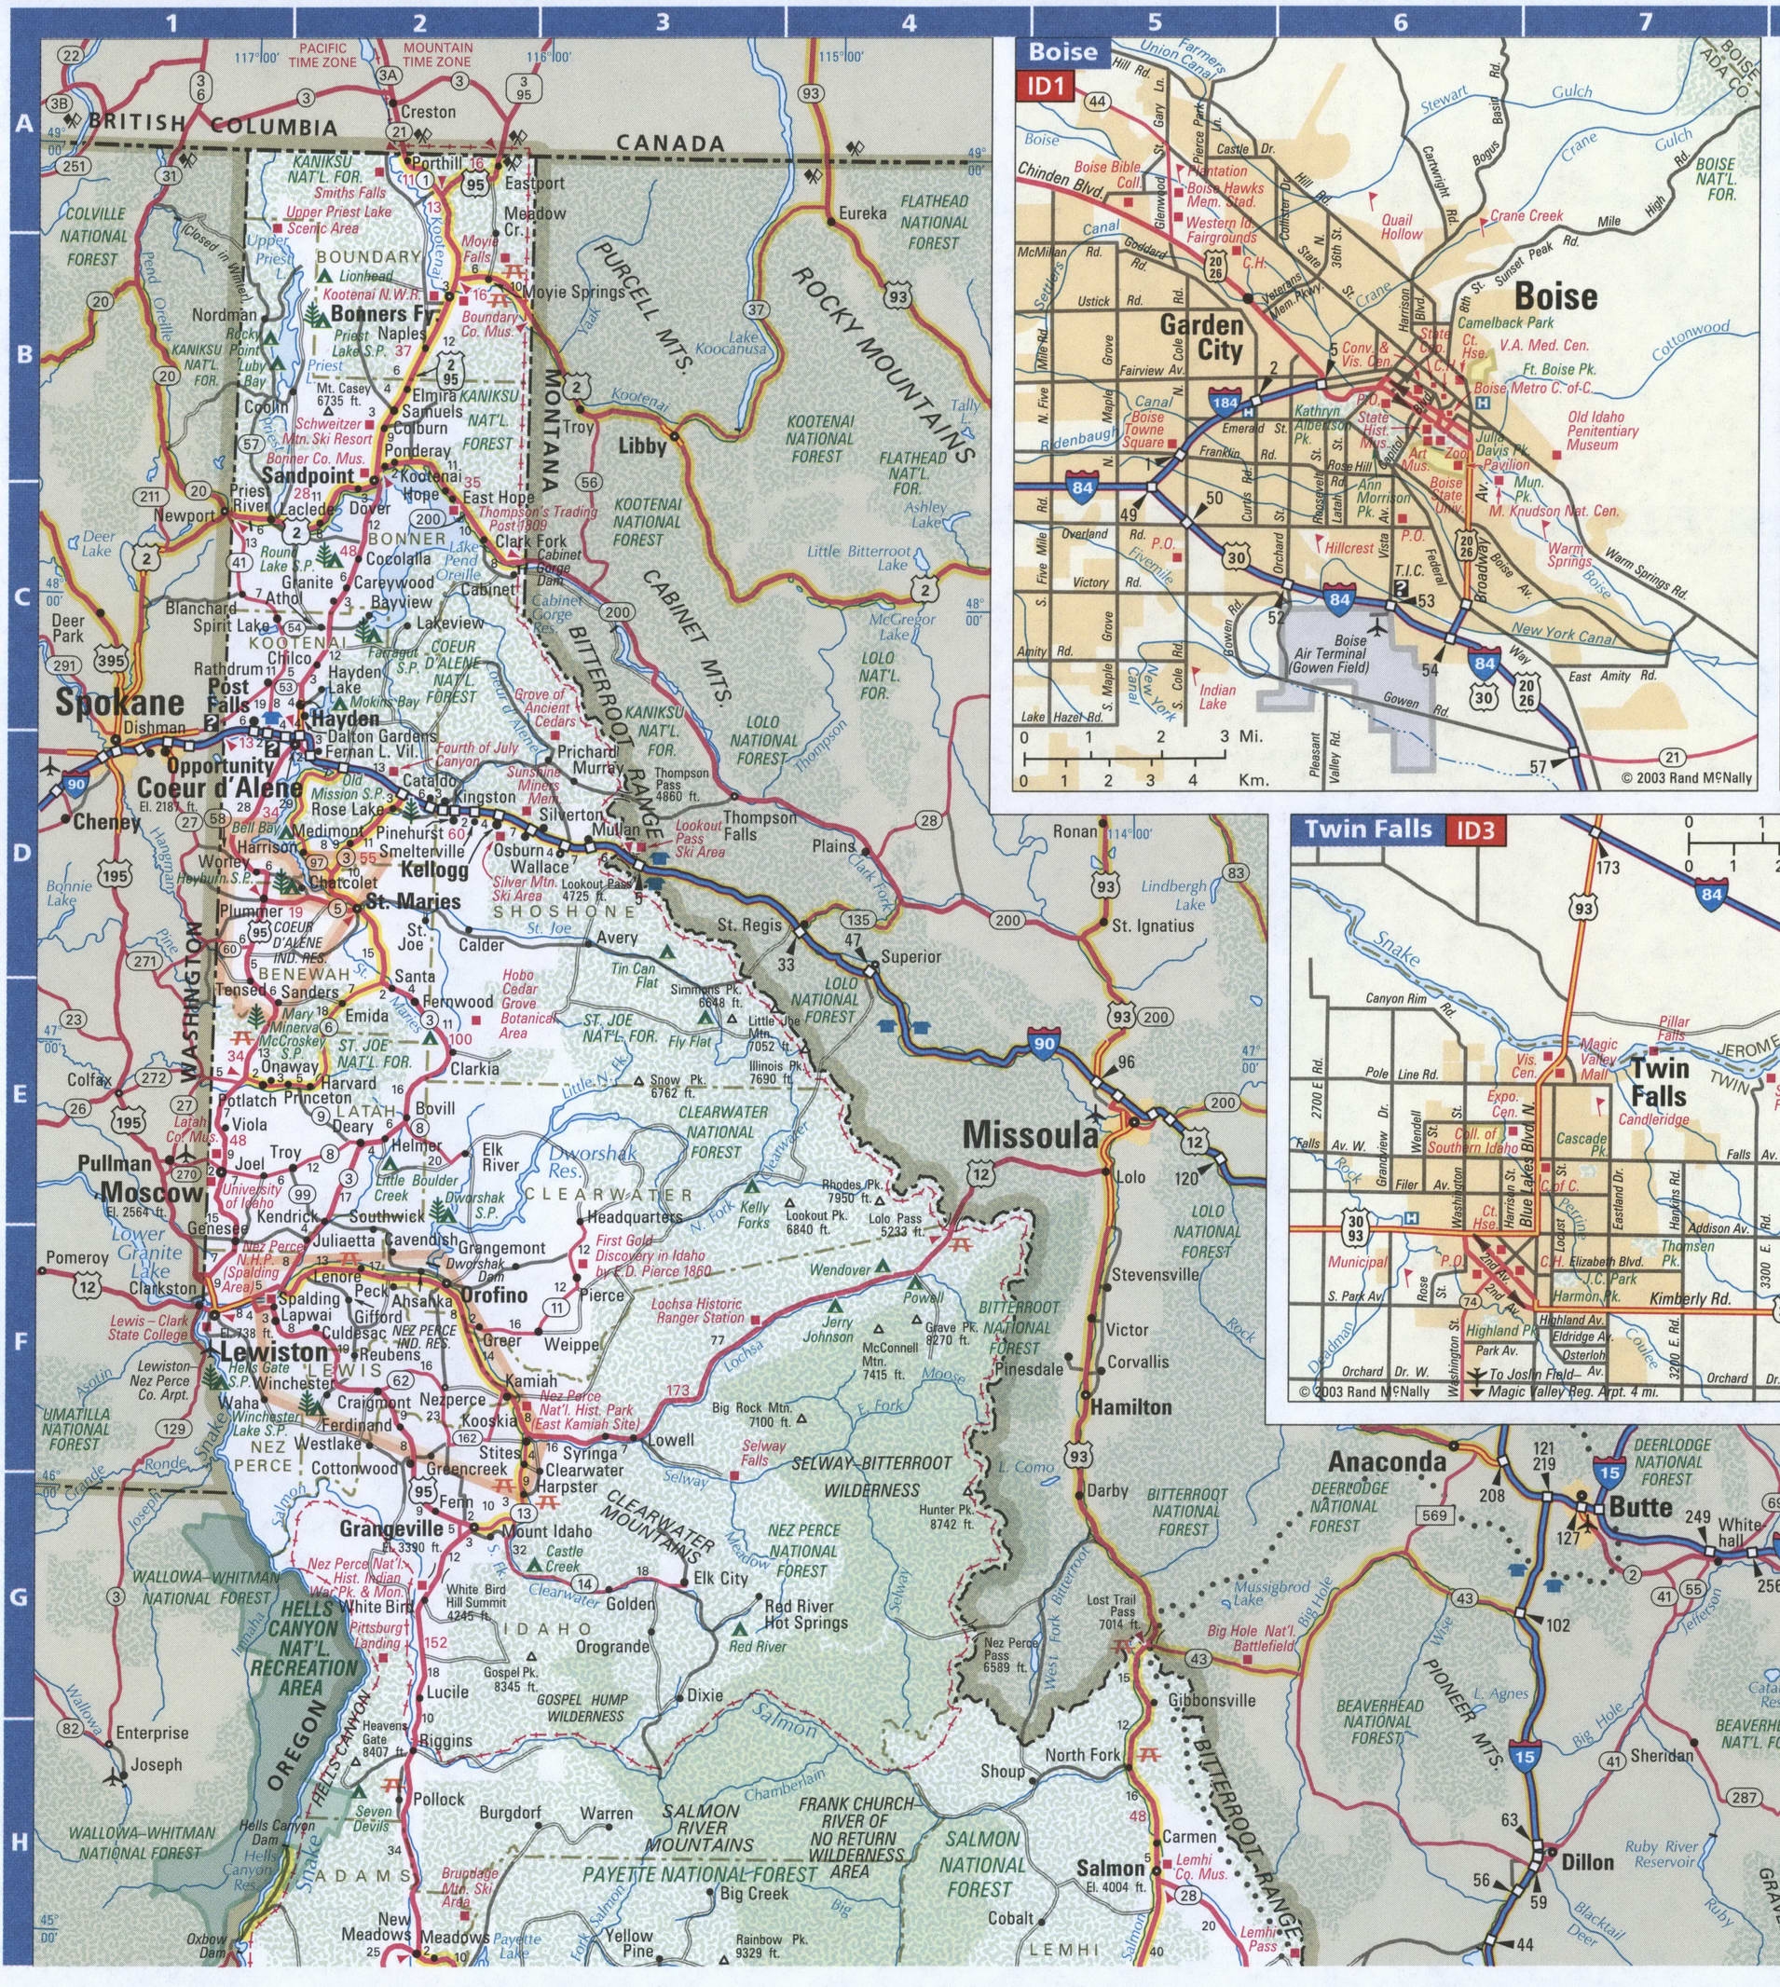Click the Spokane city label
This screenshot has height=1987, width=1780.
coord(119,702)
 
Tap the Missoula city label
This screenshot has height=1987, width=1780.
coord(1031,1134)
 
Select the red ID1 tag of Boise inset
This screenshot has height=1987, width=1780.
coord(1046,87)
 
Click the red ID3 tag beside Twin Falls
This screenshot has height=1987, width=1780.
coord(1478,830)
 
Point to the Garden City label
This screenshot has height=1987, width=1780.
coord(1201,337)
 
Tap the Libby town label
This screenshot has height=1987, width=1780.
coord(641,445)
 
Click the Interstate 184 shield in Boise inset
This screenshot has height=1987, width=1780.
coord(1225,403)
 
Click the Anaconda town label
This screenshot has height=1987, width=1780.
coord(1386,1462)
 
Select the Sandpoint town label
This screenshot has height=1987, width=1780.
coord(308,475)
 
